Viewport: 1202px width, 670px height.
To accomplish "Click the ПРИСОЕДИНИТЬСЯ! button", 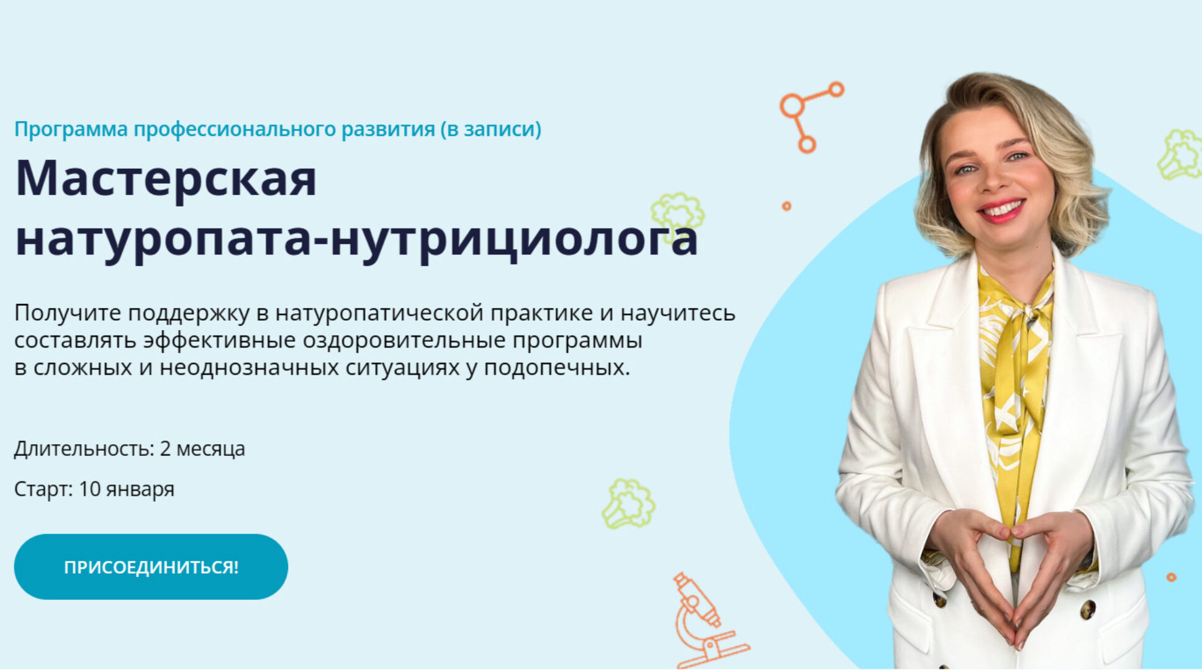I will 151,566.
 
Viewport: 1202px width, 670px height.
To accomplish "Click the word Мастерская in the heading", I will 166,179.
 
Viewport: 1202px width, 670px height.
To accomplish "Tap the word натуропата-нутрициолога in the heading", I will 356,239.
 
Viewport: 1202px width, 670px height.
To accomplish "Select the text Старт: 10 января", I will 94,489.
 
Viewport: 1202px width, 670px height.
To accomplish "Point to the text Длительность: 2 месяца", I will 129,449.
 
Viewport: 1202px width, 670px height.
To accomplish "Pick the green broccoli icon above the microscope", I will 628,504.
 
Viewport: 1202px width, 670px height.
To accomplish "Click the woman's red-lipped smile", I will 1001,210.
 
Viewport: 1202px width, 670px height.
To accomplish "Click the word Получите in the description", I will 67,313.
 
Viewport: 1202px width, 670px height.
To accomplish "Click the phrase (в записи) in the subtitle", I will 490,129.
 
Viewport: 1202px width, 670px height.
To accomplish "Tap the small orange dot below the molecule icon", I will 787,206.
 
